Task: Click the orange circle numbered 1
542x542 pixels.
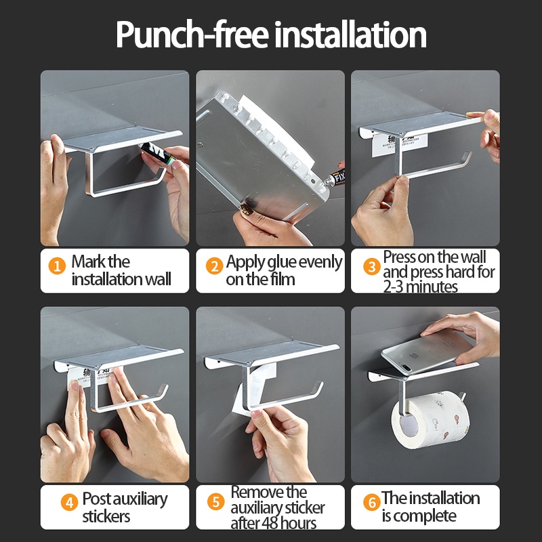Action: [x=57, y=266]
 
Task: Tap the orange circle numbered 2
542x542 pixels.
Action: [x=214, y=266]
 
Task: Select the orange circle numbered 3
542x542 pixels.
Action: [x=372, y=266]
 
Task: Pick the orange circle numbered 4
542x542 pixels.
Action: [x=70, y=502]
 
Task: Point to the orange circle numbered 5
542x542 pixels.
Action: [x=215, y=501]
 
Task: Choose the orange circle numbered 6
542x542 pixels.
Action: [x=372, y=502]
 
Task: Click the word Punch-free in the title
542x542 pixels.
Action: [x=192, y=35]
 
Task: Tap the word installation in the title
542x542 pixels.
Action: [x=350, y=35]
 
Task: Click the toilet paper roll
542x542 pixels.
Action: [x=430, y=419]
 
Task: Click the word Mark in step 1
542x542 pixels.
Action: [x=85, y=262]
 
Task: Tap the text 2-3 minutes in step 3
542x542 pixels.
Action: [x=420, y=287]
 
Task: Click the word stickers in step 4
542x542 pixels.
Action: [x=106, y=516]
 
